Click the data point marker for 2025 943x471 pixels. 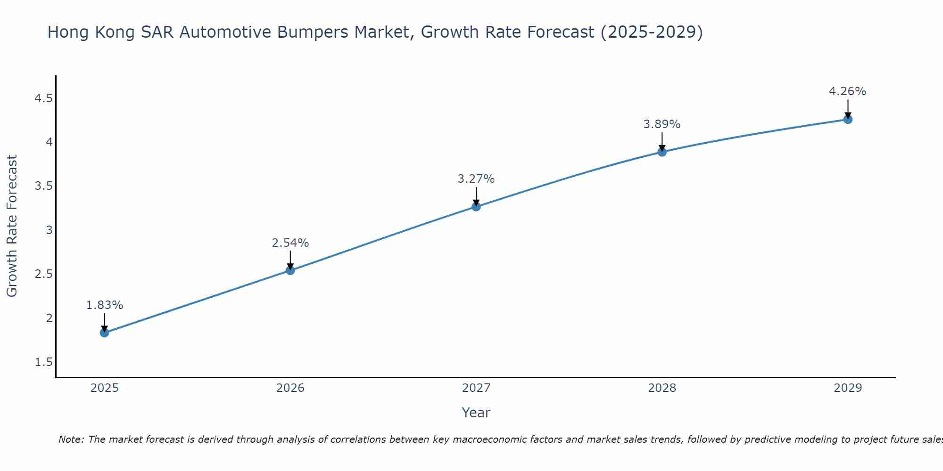pyautogui.click(x=104, y=333)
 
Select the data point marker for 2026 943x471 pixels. pyautogui.click(x=290, y=270)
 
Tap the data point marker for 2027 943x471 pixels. pyautogui.click(x=476, y=206)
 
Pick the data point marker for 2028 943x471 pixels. pyautogui.click(x=662, y=152)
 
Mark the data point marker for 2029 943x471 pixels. pyautogui.click(x=847, y=119)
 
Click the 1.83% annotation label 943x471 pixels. pyautogui.click(x=104, y=305)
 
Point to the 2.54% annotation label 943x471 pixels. pyautogui.click(x=290, y=243)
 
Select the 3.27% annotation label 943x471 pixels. pyautogui.click(x=476, y=179)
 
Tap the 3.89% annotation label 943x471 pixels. pyautogui.click(x=662, y=124)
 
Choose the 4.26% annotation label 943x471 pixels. pyautogui.click(x=847, y=91)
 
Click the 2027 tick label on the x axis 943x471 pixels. pyautogui.click(x=476, y=388)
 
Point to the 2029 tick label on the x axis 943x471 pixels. pyautogui.click(x=847, y=388)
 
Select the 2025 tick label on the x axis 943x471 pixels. pyautogui.click(x=104, y=388)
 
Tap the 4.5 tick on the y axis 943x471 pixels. pyautogui.click(x=43, y=98)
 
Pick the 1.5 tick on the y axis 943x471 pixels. pyautogui.click(x=43, y=362)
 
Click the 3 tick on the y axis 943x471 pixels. pyautogui.click(x=49, y=230)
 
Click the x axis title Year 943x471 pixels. pyautogui.click(x=476, y=413)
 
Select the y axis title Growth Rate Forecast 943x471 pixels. pyautogui.click(x=12, y=226)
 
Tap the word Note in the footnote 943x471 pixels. pyautogui.click(x=70, y=439)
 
